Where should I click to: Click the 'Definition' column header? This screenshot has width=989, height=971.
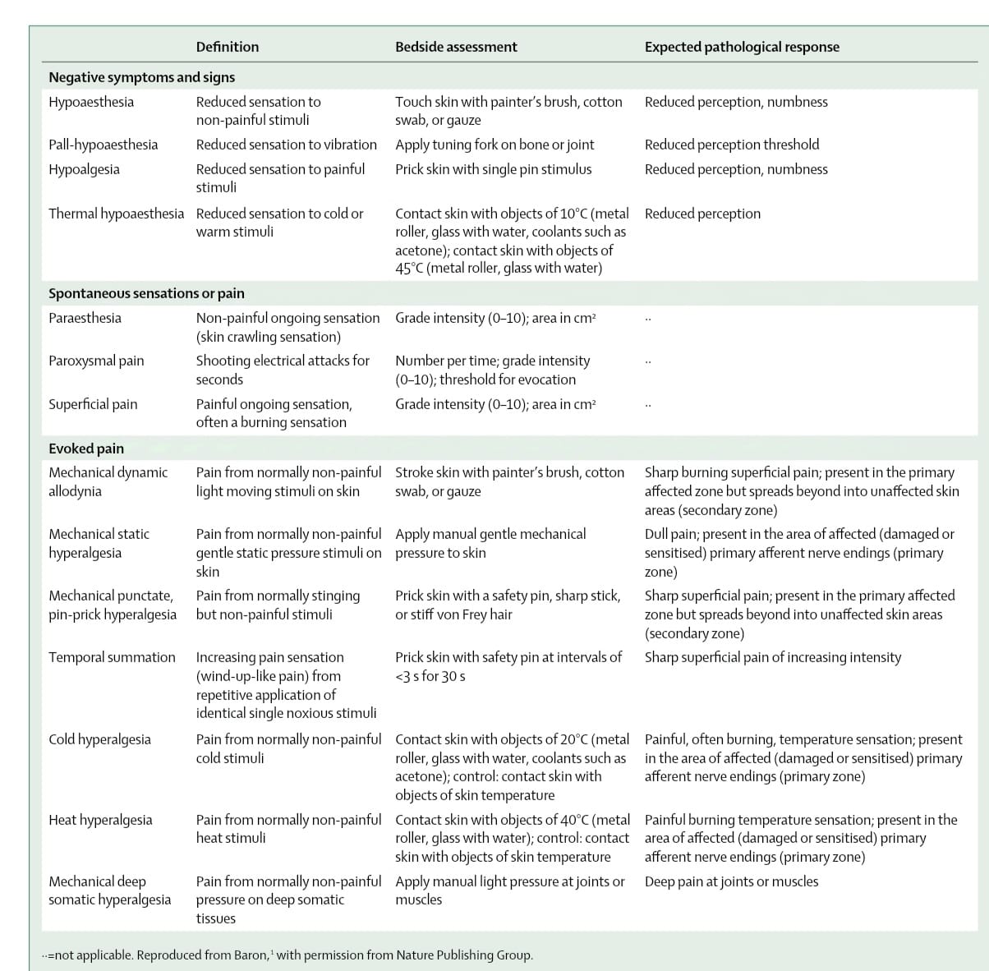pyautogui.click(x=227, y=47)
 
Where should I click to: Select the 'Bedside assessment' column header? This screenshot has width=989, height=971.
pyautogui.click(x=456, y=47)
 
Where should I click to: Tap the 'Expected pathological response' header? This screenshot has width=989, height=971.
pyautogui.click(x=742, y=47)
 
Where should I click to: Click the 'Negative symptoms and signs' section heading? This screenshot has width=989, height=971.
pyautogui.click(x=141, y=77)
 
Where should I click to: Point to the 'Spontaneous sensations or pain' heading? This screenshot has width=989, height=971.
pyautogui.click(x=146, y=293)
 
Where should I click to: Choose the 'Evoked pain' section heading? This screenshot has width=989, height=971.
pyautogui.click(x=86, y=449)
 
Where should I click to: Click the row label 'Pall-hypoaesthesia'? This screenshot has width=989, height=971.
pyautogui.click(x=103, y=145)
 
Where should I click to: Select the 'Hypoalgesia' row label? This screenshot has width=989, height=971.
pyautogui.click(x=84, y=169)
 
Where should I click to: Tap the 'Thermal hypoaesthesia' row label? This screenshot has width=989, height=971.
pyautogui.click(x=116, y=214)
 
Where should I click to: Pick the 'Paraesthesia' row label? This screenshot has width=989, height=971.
pyautogui.click(x=85, y=318)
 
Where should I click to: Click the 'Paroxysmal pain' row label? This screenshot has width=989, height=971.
pyautogui.click(x=96, y=361)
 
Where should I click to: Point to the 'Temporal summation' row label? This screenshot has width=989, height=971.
pyautogui.click(x=112, y=657)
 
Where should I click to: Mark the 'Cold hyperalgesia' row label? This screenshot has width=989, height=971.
pyautogui.click(x=99, y=739)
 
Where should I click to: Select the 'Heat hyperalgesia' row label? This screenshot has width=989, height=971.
pyautogui.click(x=100, y=820)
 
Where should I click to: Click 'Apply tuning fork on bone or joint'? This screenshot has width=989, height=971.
pyautogui.click(x=494, y=145)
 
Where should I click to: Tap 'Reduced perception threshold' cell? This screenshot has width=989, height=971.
pyautogui.click(x=732, y=145)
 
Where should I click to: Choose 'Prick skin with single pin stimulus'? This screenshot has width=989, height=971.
pyautogui.click(x=493, y=169)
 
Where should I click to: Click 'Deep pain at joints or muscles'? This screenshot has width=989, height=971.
pyautogui.click(x=731, y=881)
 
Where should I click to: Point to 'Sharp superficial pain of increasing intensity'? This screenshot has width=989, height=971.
pyautogui.click(x=772, y=657)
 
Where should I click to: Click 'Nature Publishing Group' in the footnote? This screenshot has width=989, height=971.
pyautogui.click(x=464, y=955)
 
